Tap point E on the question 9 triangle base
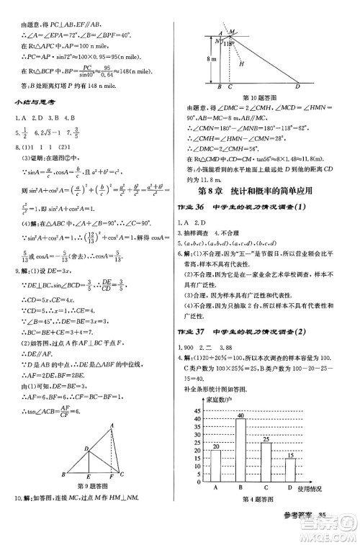tap(88, 477)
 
